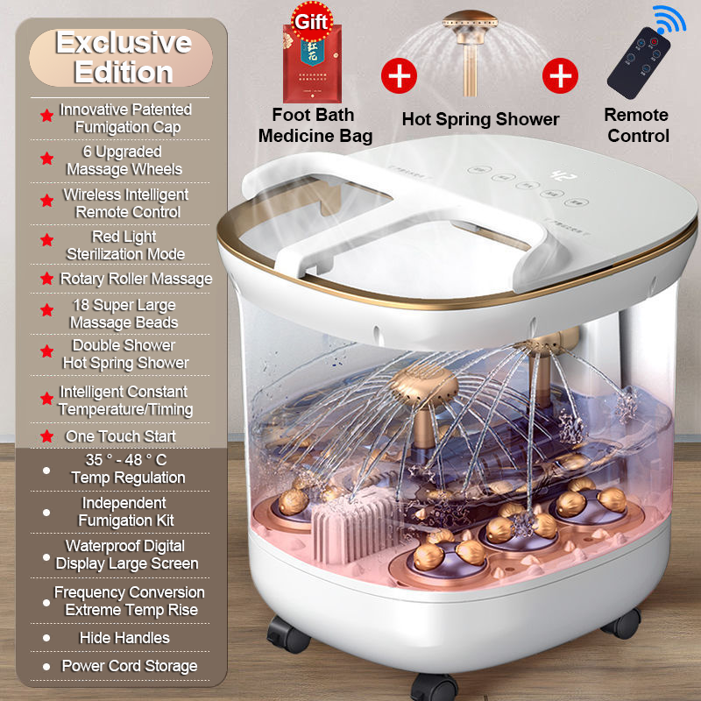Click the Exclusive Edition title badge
123,57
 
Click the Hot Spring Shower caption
479,118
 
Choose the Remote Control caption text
637,125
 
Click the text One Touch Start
120,435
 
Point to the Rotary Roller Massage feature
136,279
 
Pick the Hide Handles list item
124,637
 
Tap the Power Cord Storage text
129,666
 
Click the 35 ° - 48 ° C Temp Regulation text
128,469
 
